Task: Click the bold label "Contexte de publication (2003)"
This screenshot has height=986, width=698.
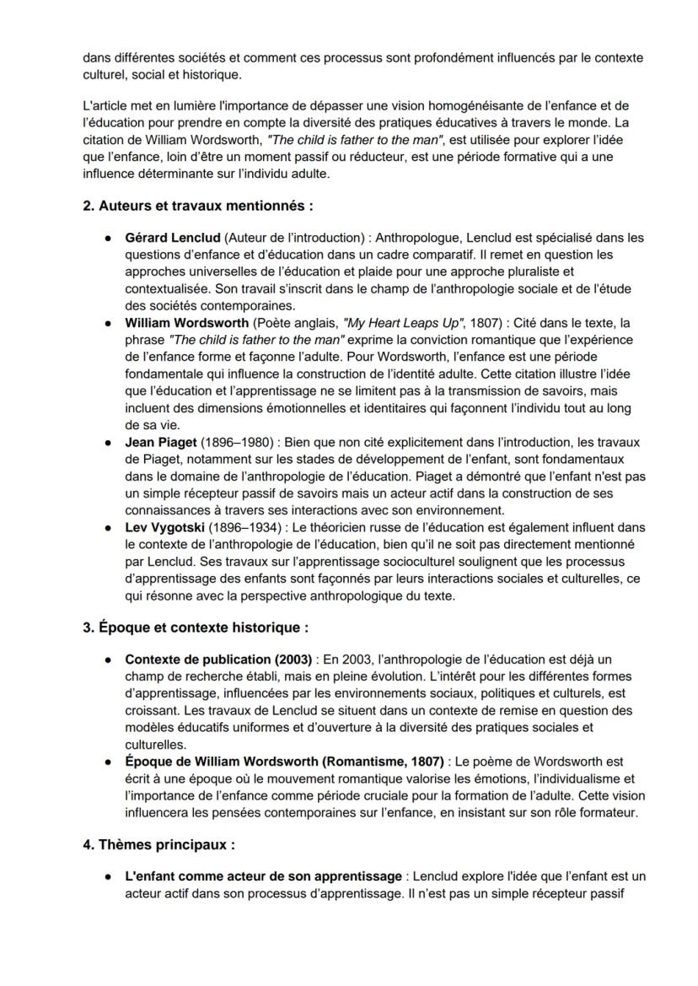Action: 219,659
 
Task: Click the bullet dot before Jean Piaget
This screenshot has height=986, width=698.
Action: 110,441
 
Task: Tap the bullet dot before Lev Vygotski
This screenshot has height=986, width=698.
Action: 110,527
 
